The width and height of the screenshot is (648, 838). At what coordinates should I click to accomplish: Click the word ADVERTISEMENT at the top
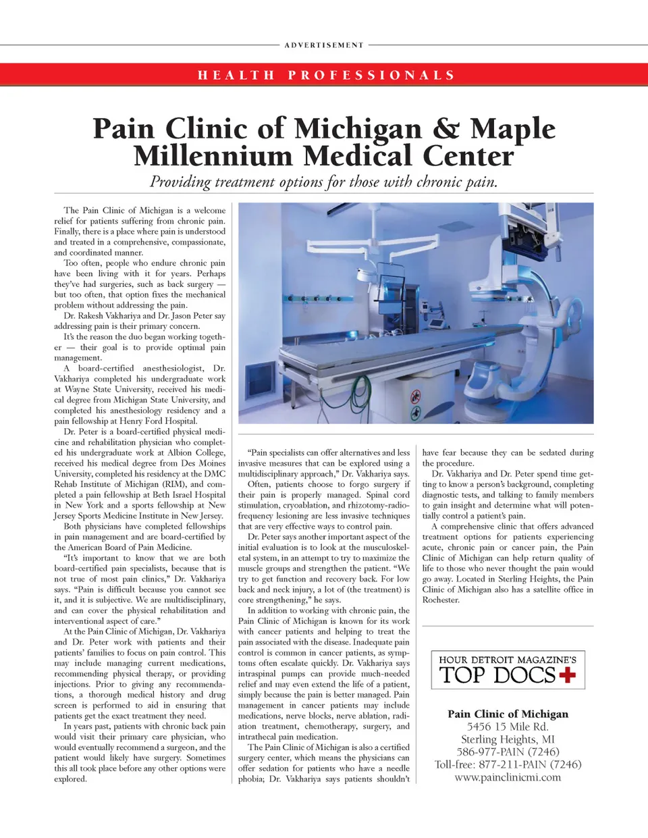324,45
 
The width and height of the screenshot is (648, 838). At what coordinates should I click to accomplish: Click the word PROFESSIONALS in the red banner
372,75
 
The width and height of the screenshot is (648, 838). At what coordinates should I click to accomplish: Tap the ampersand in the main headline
446,128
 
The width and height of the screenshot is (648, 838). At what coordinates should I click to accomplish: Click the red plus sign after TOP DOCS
567,674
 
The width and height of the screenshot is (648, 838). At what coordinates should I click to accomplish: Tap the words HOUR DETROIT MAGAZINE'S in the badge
508,659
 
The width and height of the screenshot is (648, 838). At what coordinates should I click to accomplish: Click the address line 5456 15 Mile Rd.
508,727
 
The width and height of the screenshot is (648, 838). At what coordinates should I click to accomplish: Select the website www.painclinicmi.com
508,777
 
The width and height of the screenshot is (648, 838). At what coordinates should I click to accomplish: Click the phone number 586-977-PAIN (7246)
508,752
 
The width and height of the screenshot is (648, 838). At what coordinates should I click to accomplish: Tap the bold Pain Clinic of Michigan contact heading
508,714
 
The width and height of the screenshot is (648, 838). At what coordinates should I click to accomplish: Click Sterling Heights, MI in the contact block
508,739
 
